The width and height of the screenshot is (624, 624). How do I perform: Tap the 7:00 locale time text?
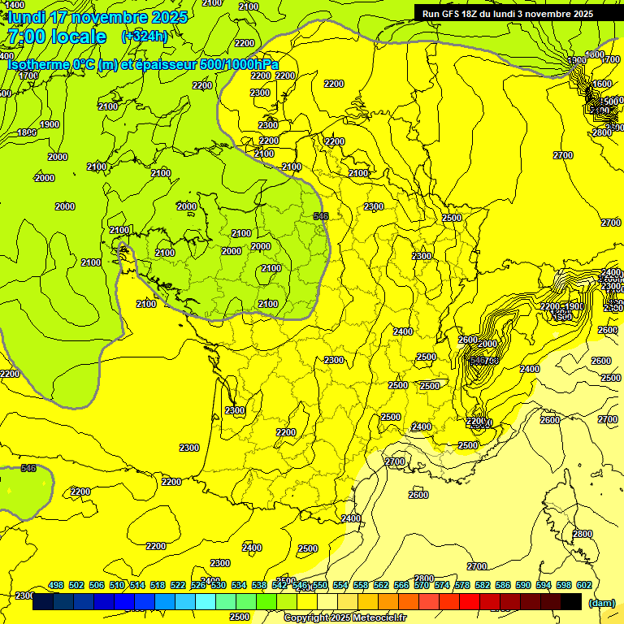coord(57,37)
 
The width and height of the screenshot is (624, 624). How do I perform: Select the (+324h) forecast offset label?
coord(145,37)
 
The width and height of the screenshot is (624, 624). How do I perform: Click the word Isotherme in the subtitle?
coord(39,64)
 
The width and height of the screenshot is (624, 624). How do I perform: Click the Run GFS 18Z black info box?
coord(508,13)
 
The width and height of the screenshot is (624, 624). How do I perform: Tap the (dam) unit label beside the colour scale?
coord(601,602)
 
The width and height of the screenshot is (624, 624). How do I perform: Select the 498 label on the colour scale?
coord(56,585)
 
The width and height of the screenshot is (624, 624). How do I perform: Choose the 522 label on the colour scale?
coord(178,585)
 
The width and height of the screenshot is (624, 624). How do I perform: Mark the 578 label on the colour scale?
coord(463,585)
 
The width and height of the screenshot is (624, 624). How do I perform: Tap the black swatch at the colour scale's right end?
coord(571,602)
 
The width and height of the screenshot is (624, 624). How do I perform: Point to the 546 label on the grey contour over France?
coord(321,216)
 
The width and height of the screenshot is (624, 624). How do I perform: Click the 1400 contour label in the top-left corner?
coord(14,5)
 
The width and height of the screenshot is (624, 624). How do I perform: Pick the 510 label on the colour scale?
coord(117,585)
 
